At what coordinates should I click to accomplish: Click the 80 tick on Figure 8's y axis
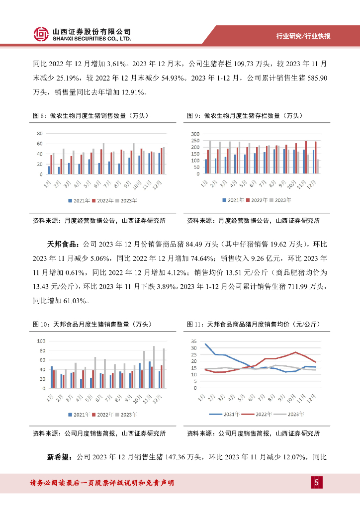tap(40, 134)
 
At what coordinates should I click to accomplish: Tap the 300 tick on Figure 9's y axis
tap(195, 134)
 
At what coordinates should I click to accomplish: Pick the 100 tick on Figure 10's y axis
tap(41, 341)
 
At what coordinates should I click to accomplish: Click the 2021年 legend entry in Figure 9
tap(233, 200)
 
